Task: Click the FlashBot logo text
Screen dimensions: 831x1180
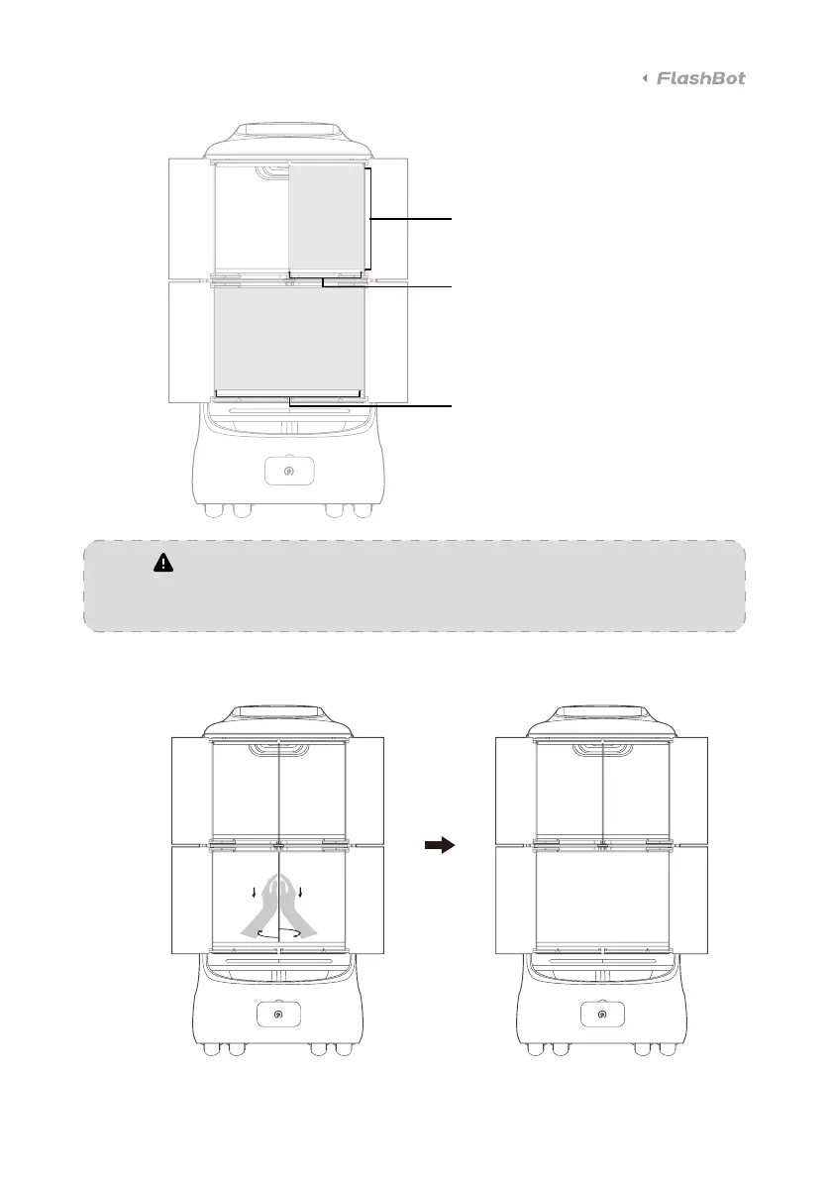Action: tap(701, 78)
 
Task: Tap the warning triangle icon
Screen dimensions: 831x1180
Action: tap(161, 563)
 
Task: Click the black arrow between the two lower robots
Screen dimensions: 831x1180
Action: tap(439, 845)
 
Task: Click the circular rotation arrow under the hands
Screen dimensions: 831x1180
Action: tap(280, 933)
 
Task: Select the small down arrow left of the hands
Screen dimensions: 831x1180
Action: tap(255, 892)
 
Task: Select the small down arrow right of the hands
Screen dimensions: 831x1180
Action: tap(300, 892)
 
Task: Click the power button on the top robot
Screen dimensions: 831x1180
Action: tap(289, 473)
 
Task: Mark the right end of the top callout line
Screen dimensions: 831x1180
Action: tap(451, 218)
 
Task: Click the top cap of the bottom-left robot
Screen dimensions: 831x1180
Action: tap(280, 716)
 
